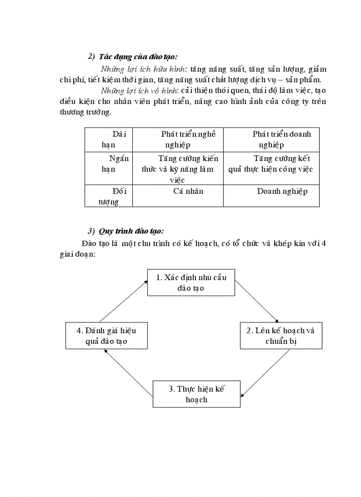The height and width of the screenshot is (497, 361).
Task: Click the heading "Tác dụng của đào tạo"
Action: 138,57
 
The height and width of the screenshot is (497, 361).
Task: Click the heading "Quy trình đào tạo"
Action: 131,231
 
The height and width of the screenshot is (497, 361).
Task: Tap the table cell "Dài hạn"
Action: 109,139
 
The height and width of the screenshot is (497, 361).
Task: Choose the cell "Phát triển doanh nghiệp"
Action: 271,139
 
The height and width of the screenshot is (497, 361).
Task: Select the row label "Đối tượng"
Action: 109,196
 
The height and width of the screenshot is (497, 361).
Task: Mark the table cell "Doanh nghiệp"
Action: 282,192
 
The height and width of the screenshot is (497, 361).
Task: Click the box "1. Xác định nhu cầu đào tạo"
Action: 191,282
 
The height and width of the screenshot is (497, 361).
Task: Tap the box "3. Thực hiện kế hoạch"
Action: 196,394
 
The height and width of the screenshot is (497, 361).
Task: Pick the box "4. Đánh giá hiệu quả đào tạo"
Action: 106,336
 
